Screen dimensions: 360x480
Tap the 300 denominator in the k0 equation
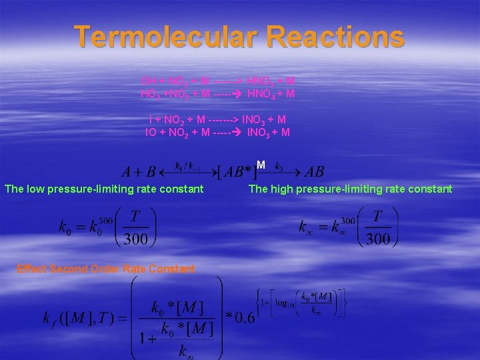pos(136,239)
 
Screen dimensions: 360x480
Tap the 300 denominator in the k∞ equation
pos(378,239)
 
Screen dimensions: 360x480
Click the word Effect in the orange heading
pos(32,269)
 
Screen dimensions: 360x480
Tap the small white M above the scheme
pos(261,164)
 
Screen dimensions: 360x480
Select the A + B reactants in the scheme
pos(138,172)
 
